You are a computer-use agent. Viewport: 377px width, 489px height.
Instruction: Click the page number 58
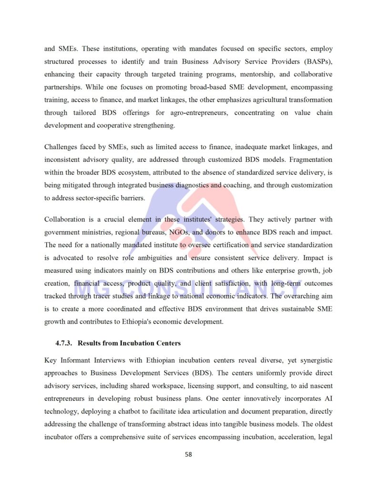(x=188, y=454)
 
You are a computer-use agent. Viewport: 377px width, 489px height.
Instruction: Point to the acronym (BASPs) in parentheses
(x=317, y=62)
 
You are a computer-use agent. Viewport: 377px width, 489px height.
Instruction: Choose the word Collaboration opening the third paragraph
(x=64, y=219)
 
